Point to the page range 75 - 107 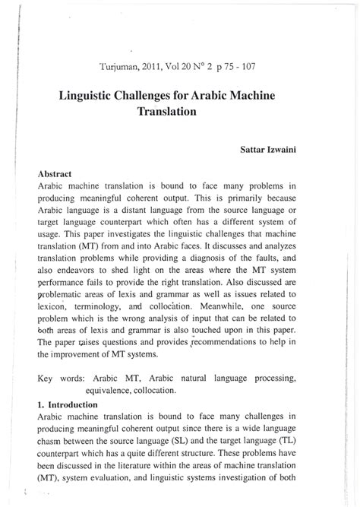(x=239, y=66)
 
